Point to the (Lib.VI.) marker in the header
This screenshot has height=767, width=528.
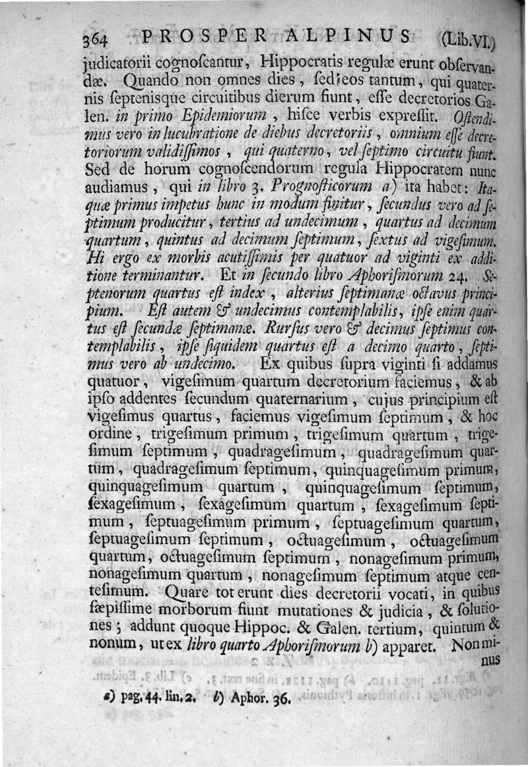(x=468, y=39)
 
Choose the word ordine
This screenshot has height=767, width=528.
(x=110, y=434)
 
